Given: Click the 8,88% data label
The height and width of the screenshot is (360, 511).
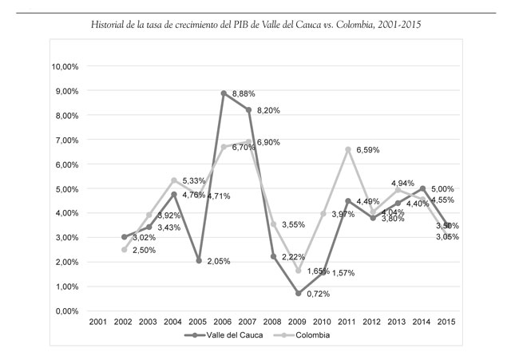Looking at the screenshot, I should pyautogui.click(x=244, y=95).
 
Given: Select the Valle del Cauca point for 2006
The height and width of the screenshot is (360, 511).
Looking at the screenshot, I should pyautogui.click(x=224, y=93).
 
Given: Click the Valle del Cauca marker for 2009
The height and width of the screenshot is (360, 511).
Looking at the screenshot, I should pyautogui.click(x=298, y=293).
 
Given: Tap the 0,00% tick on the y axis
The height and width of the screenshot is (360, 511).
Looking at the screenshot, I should pyautogui.click(x=69, y=311).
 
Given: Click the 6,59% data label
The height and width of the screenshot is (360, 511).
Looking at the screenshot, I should pyautogui.click(x=368, y=150).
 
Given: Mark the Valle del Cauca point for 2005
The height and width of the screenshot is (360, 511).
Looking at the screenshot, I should pyautogui.click(x=199, y=260).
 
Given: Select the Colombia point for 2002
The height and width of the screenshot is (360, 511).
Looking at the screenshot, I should pyautogui.click(x=125, y=250).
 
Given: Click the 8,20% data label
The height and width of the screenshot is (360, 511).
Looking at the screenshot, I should pyautogui.click(x=268, y=111).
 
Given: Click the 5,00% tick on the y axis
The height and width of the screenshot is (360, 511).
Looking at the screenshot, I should pyautogui.click(x=69, y=188).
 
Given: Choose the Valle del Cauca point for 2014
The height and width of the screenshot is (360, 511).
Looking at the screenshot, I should pyautogui.click(x=422, y=188).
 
